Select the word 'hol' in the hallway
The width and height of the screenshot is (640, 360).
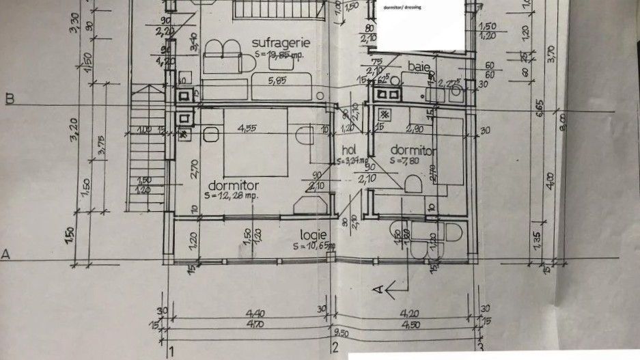(x=349, y=150)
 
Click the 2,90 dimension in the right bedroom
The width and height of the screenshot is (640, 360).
(x=415, y=128)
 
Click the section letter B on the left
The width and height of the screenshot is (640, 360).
(x=9, y=98)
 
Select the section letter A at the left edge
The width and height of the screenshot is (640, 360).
(x=6, y=254)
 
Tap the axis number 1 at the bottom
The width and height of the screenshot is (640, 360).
(x=171, y=352)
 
